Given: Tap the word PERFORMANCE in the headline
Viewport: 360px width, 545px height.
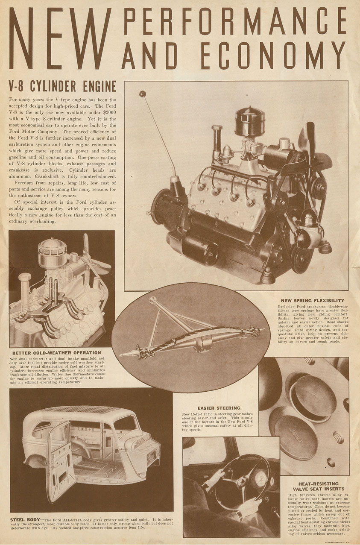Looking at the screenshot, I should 234,21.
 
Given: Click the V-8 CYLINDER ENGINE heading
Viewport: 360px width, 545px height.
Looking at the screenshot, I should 62,87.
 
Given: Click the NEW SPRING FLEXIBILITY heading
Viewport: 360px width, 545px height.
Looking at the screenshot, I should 312,301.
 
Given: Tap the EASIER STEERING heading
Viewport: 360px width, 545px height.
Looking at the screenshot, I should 219,408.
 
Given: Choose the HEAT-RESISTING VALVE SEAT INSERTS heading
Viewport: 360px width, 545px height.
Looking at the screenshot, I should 314,486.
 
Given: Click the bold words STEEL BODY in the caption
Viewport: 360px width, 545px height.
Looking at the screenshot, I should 25,519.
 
